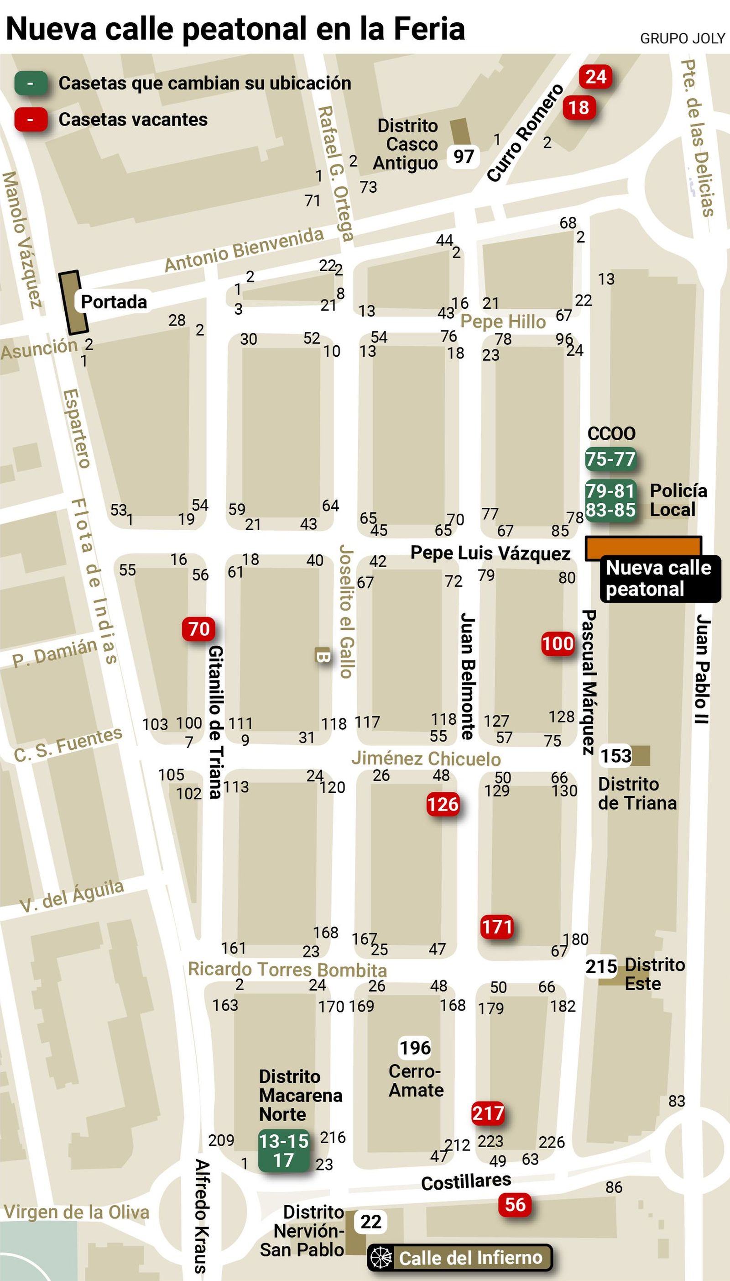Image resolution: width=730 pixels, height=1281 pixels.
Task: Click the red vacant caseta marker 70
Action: coord(198,629)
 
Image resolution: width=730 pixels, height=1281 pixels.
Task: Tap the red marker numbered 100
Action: coord(557,644)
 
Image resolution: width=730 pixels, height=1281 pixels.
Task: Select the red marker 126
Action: coord(443,804)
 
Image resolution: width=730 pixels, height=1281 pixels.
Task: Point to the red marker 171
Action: coord(496,927)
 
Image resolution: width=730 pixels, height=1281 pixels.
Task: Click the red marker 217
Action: coord(487,1113)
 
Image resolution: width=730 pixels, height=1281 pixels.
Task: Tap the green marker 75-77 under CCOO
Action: coord(610,459)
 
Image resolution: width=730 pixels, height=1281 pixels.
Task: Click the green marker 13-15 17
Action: coord(283,1150)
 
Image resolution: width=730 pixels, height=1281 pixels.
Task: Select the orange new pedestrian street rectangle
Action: coord(643,548)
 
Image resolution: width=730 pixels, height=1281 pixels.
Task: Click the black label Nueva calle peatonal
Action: coord(659,579)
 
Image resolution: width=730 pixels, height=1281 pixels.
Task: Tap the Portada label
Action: coord(114,302)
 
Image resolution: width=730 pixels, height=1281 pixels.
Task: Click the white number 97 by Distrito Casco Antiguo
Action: coord(463,157)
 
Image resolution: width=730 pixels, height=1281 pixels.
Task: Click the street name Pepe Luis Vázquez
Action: coord(490,554)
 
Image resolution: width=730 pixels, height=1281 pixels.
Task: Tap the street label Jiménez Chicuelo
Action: coord(426,759)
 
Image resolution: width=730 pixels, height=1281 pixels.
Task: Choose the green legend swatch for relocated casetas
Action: coord(31,83)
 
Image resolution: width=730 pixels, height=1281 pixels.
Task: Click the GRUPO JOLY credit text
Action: coord(682,39)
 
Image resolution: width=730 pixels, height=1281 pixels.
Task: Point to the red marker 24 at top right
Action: coord(595,77)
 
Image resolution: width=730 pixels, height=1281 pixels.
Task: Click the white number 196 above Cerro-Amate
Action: coord(415,1048)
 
